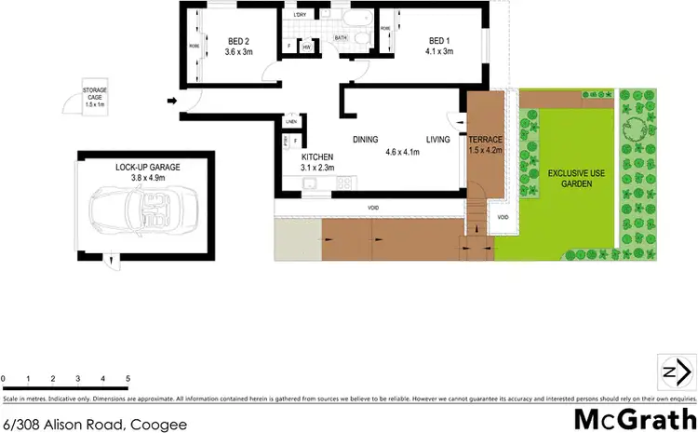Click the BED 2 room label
(239, 40)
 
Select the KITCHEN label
(317, 157)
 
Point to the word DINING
(365, 140)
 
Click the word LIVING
(437, 140)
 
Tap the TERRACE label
(485, 140)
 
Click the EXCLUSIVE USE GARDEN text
(570, 179)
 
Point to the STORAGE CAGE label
(95, 93)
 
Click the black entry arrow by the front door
(172, 101)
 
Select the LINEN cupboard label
(291, 122)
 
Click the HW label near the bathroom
(305, 47)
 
